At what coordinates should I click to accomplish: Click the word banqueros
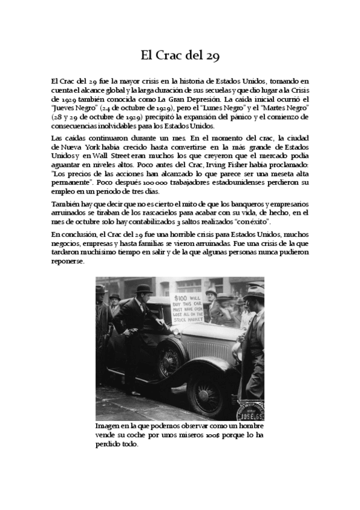[x=239, y=204]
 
